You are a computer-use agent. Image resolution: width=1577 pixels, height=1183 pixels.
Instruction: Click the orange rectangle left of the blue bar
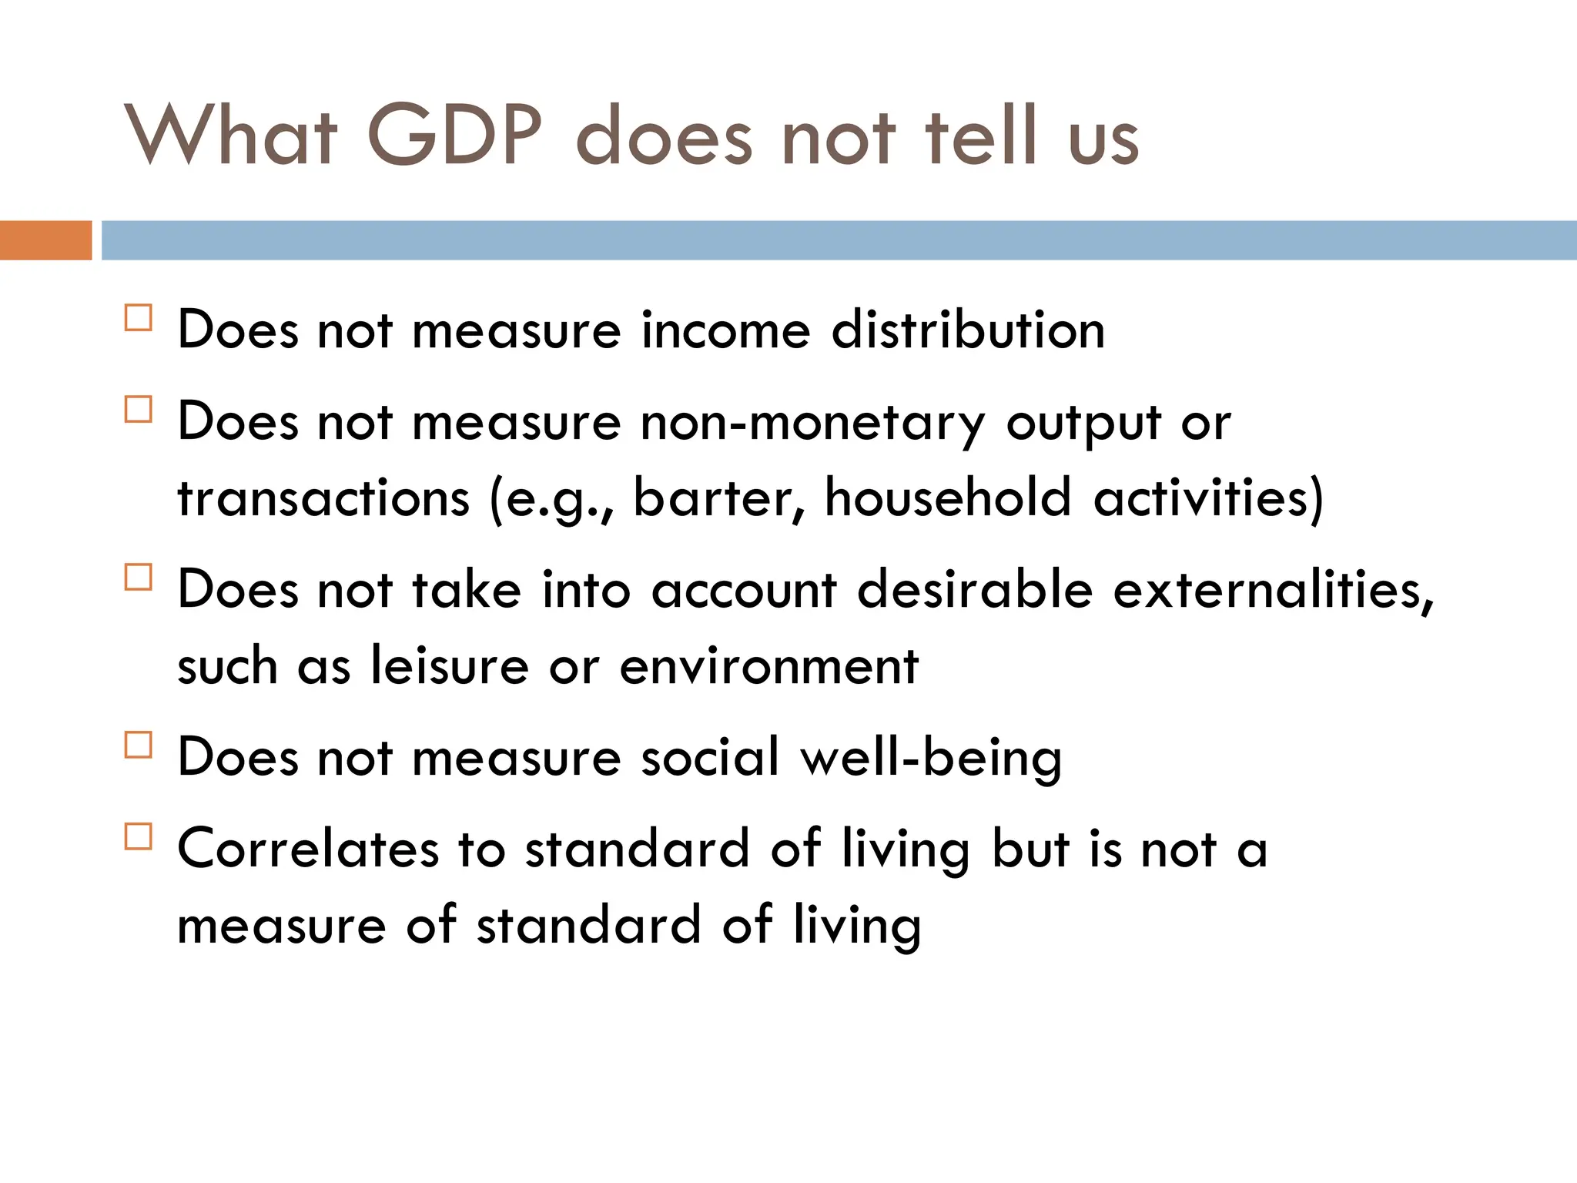pos(45,240)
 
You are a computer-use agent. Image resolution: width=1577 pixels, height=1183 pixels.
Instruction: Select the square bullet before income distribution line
pos(138,317)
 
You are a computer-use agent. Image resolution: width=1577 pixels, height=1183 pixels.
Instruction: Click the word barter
pos(718,498)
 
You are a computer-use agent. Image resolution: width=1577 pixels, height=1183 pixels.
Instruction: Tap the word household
pos(948,498)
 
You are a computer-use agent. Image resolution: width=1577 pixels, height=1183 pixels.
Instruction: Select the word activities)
pos(1209,498)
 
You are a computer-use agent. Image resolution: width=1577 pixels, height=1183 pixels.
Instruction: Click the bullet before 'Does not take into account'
pos(138,577)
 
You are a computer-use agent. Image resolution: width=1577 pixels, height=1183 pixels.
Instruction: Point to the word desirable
pos(975,590)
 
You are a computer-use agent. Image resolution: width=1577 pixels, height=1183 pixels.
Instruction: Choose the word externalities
pos(1274,590)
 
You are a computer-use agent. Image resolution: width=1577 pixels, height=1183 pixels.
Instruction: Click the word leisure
pos(449,665)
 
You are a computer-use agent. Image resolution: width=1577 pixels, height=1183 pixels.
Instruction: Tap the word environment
pos(768,665)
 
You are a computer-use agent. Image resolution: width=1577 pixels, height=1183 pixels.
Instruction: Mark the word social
pos(711,757)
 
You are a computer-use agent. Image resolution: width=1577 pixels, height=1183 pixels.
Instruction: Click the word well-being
pos(931,759)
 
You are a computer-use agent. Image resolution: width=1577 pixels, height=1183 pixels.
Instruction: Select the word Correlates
pos(308,849)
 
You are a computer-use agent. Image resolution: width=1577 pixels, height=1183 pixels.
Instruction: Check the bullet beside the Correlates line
pos(138,836)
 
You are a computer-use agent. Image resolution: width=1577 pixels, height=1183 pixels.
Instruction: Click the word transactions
pos(323,498)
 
